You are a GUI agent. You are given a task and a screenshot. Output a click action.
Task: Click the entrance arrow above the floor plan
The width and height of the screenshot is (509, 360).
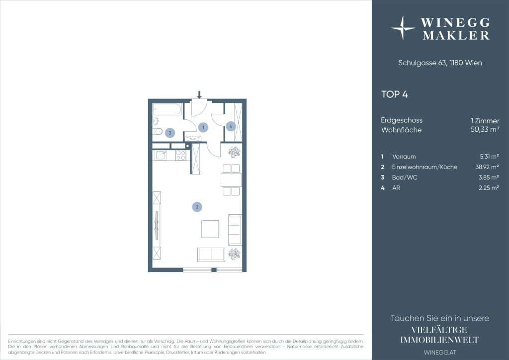pyautogui.click(x=199, y=95)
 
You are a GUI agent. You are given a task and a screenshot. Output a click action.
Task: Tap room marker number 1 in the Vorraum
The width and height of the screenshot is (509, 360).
pyautogui.click(x=203, y=127)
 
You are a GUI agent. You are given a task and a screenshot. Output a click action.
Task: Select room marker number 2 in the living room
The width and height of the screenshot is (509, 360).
pyautogui.click(x=197, y=207)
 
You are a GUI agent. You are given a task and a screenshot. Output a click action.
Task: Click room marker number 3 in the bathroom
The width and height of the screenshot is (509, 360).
pyautogui.click(x=170, y=133)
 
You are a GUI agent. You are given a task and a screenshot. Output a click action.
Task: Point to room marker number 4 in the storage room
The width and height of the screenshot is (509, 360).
pyautogui.click(x=231, y=126)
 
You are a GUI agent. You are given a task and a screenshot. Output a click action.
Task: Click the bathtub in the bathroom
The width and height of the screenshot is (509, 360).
pyautogui.click(x=167, y=109)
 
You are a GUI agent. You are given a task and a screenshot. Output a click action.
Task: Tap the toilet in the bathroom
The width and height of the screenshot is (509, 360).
pyautogui.click(x=157, y=131)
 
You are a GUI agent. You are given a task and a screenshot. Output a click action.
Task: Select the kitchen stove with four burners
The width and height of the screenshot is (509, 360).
pyautogui.click(x=181, y=155)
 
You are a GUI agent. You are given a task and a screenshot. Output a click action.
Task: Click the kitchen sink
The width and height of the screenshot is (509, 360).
pyautogui.click(x=161, y=155)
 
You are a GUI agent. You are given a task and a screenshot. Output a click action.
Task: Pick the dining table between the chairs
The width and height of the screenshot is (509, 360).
pyautogui.click(x=231, y=180)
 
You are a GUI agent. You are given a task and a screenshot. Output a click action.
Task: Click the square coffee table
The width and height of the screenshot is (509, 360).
pyautogui.click(x=210, y=229)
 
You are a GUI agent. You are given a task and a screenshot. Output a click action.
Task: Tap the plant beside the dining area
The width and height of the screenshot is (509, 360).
pyautogui.click(x=234, y=152)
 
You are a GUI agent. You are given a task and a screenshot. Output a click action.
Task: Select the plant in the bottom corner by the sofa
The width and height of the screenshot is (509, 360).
pyautogui.click(x=234, y=254)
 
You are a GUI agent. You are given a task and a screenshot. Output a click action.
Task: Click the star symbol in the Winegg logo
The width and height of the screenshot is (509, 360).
pyautogui.click(x=403, y=28)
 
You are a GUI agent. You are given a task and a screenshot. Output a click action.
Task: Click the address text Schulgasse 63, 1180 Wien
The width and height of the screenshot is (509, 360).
pyautogui.click(x=440, y=63)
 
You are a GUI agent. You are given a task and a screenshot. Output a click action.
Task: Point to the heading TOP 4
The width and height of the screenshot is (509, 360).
pyautogui.click(x=394, y=94)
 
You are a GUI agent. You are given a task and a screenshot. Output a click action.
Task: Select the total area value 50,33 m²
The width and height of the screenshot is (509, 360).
pyautogui.click(x=485, y=129)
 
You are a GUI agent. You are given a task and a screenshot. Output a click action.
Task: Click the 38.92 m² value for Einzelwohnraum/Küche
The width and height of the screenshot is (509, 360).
pyautogui.click(x=487, y=167)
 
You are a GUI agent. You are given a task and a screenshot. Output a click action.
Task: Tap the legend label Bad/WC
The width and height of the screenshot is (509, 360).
pyautogui.click(x=405, y=177)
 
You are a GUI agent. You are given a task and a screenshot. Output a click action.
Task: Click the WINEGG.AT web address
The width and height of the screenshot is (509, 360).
pyautogui.click(x=440, y=352)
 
